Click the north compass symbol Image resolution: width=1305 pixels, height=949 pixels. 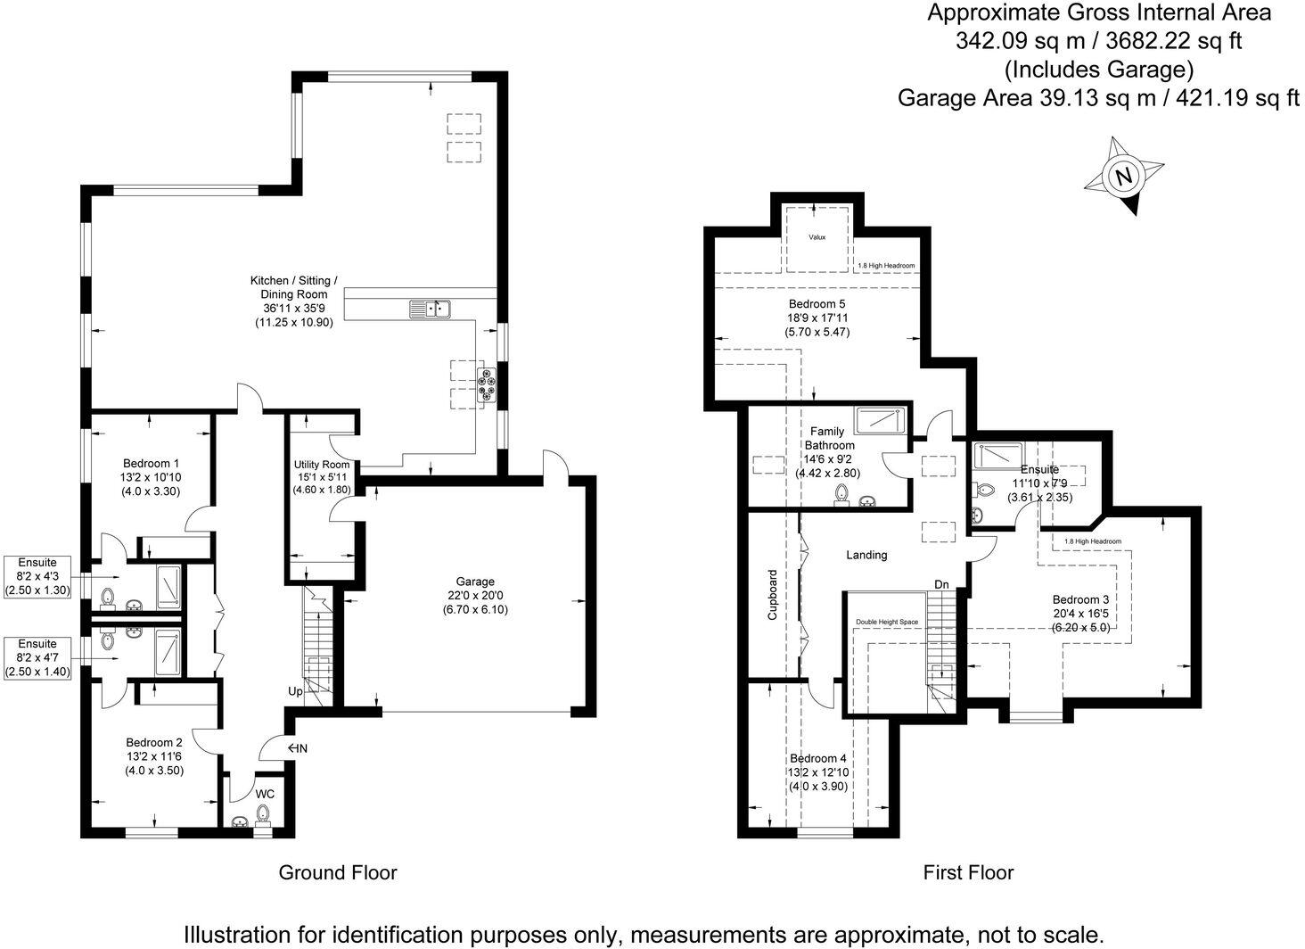point(1124,176)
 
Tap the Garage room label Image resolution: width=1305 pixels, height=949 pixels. point(474,582)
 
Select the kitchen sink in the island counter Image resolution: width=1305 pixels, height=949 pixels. point(431,309)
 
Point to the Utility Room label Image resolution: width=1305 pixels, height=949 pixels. point(322,465)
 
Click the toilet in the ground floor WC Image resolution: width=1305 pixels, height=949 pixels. point(263,814)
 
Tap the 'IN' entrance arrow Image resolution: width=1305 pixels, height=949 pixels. point(297,748)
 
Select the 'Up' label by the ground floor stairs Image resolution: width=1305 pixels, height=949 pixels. point(295,691)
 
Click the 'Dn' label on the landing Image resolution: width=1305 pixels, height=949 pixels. point(941,584)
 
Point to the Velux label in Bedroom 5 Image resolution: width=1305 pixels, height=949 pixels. point(817,237)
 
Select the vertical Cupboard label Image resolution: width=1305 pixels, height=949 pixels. point(773,595)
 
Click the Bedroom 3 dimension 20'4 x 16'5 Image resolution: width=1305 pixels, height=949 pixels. point(1080,613)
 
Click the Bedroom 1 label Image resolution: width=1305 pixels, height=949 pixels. point(152,463)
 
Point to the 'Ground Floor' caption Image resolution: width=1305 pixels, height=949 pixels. point(338,871)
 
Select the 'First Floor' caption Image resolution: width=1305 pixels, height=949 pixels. point(968,871)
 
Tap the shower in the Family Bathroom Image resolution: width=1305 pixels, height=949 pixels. point(880,420)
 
